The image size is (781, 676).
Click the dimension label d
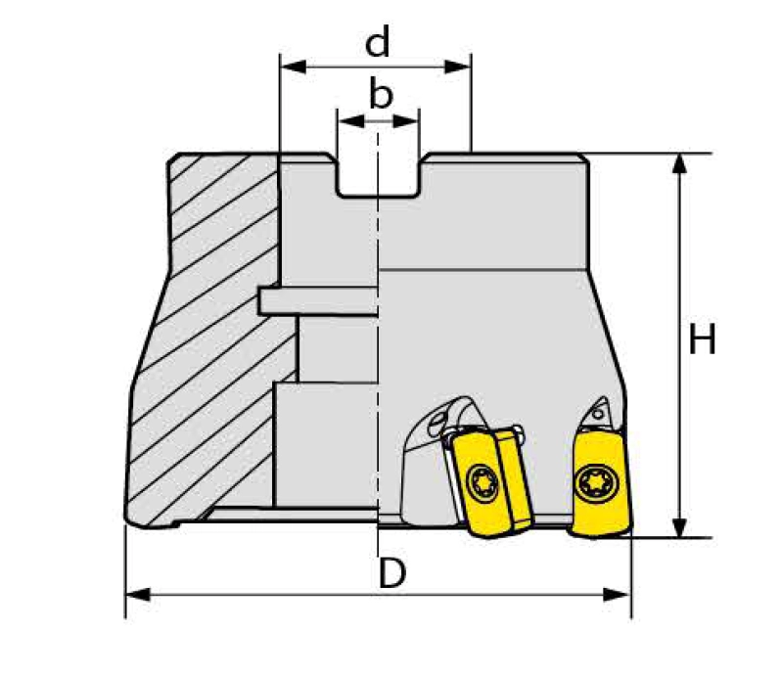(x=378, y=42)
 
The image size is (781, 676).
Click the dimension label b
(x=381, y=94)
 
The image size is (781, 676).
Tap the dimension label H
(x=702, y=339)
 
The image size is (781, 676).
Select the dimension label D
(x=392, y=573)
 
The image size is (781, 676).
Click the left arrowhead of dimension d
(x=294, y=67)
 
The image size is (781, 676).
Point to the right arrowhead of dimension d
(x=457, y=67)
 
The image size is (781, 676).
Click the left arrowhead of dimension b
(x=350, y=121)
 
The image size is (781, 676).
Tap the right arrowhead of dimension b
(x=405, y=121)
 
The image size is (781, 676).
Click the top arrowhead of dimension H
(x=679, y=164)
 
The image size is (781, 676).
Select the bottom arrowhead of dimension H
(x=679, y=527)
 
